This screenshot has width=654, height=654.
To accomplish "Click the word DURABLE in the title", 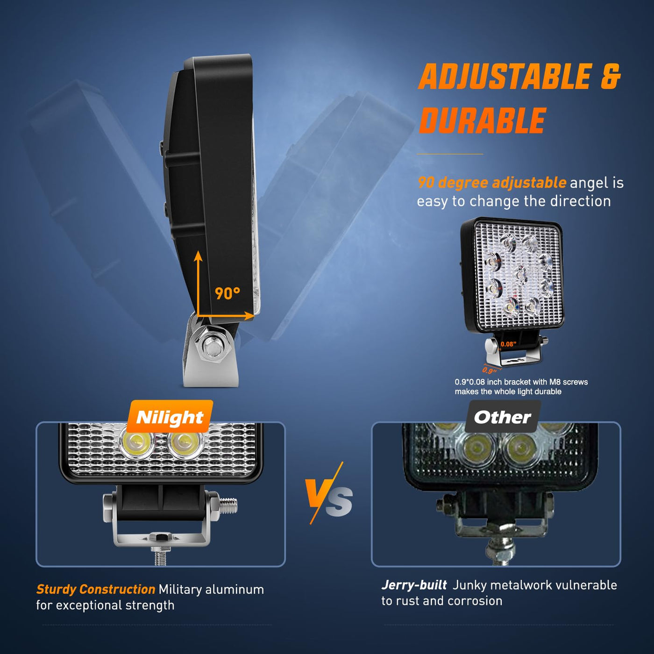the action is (x=482, y=120).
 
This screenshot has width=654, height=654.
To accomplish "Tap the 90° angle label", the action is (x=227, y=293).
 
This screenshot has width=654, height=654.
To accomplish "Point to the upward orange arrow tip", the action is (x=198, y=251).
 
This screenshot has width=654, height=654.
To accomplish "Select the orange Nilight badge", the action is (x=170, y=417).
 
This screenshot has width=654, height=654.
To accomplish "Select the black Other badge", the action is (x=503, y=417).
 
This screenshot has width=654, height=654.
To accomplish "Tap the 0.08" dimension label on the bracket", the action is (x=508, y=344).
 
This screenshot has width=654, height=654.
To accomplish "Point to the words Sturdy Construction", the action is (x=96, y=590).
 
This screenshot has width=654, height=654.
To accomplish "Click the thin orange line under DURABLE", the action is (x=450, y=154).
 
